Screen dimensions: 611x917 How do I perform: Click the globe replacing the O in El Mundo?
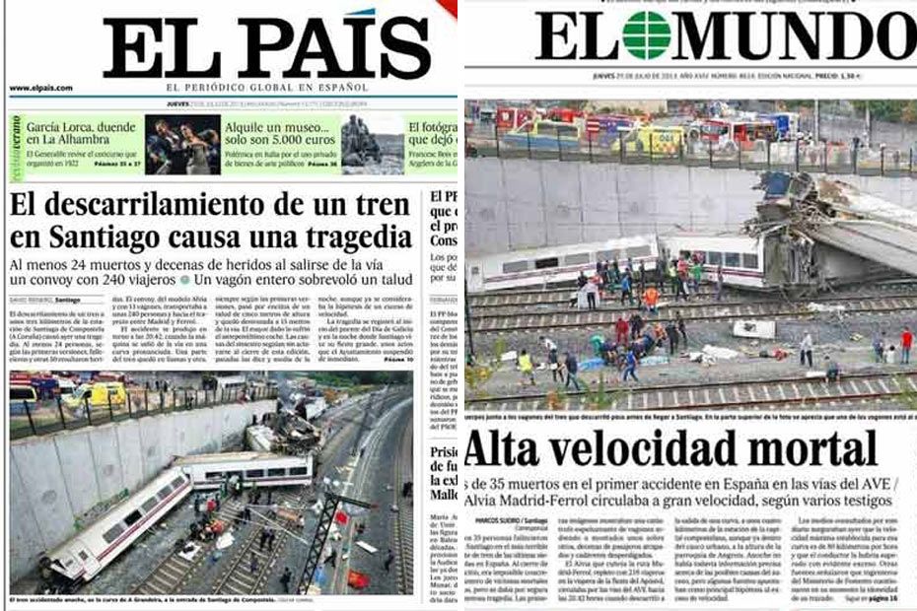tap(647, 35)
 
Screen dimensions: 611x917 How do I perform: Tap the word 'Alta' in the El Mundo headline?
tap(513, 449)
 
